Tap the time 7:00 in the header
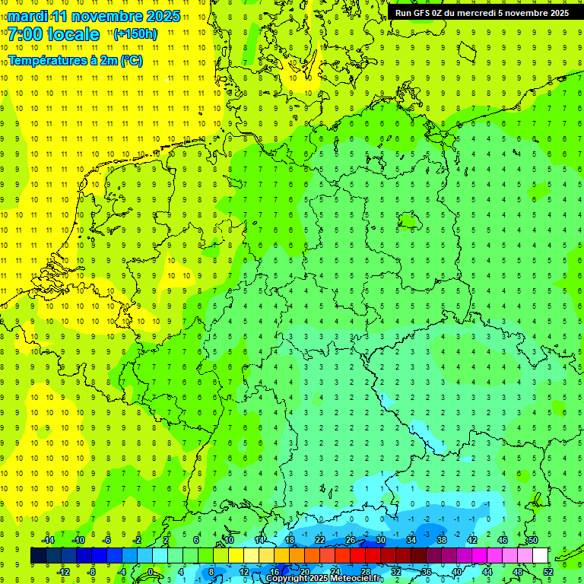tap(24, 34)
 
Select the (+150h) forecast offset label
tap(135, 34)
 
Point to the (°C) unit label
tap(132, 60)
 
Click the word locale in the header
tap(73, 34)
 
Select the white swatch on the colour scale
tap(541, 556)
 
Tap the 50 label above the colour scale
tap(532, 540)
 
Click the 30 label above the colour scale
tap(381, 540)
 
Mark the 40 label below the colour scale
tap(457, 572)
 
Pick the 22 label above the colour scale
tap(320, 540)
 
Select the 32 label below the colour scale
tap(396, 572)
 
